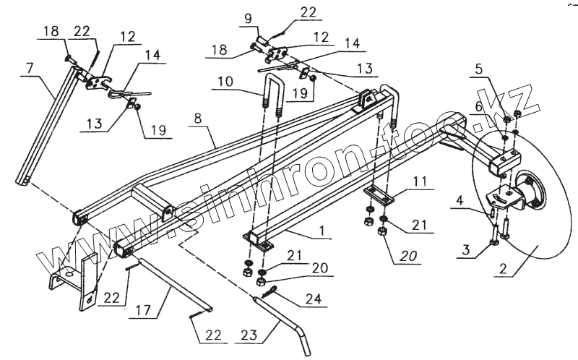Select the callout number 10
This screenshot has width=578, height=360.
click(224, 82)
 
